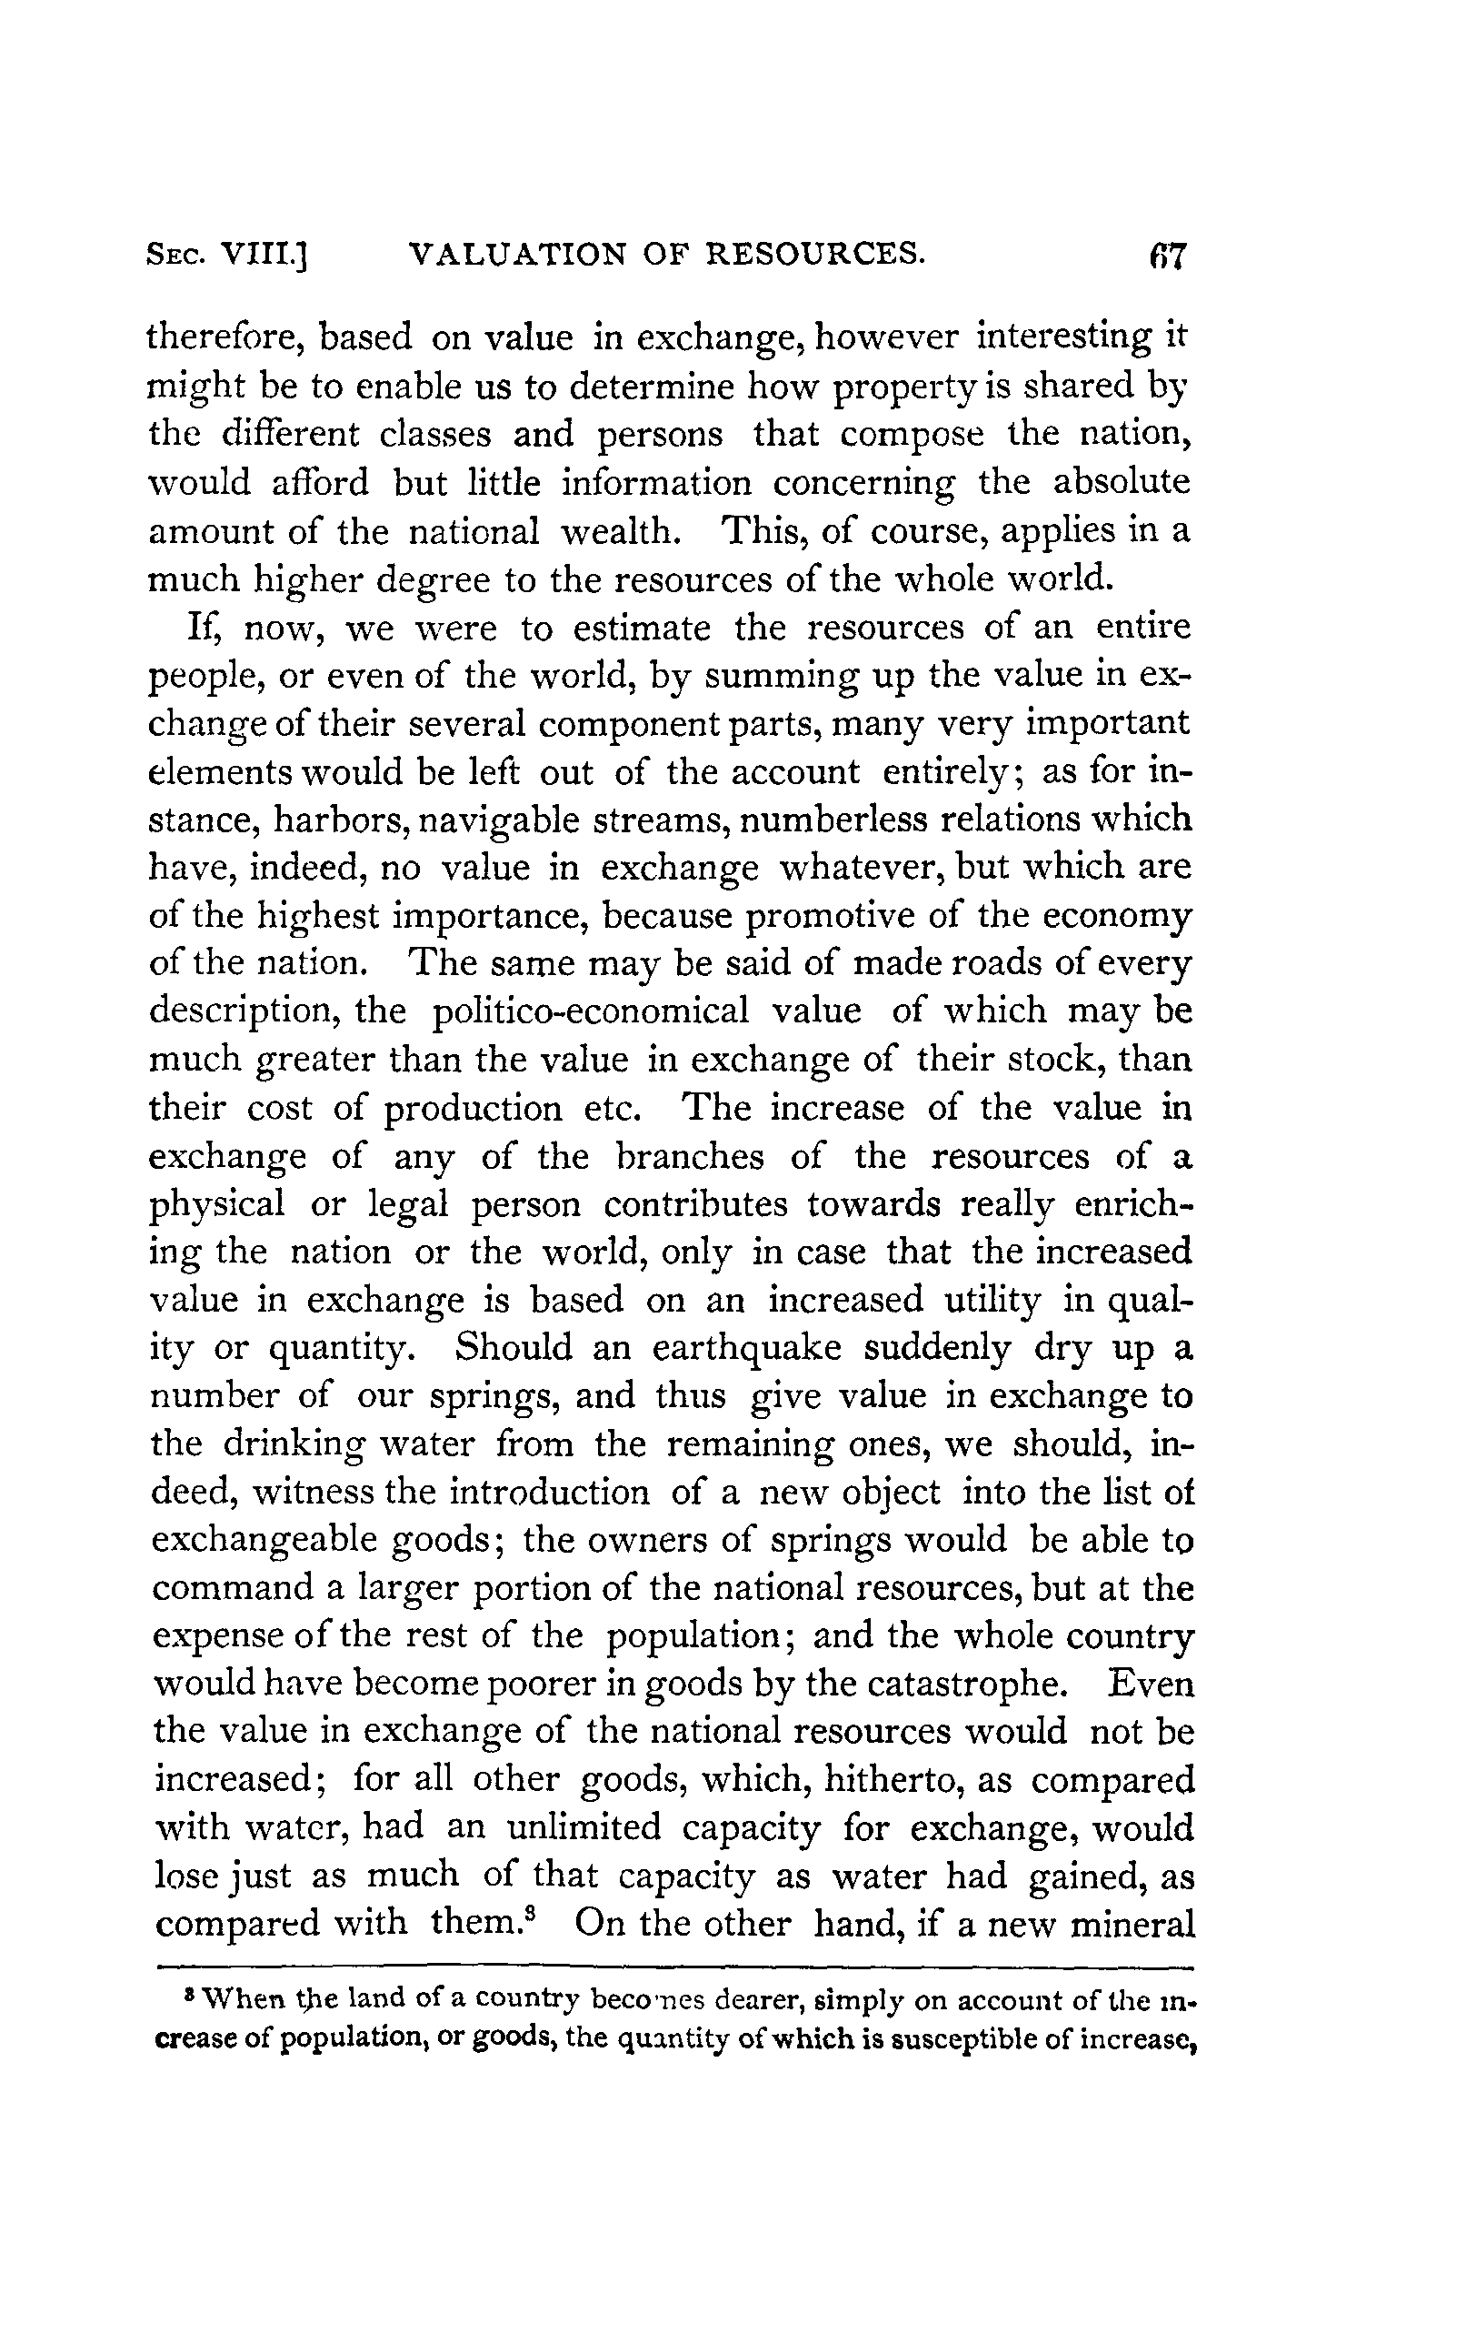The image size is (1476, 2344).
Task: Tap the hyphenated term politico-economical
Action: tap(590, 1011)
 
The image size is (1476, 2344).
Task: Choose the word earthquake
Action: tap(746, 1347)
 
